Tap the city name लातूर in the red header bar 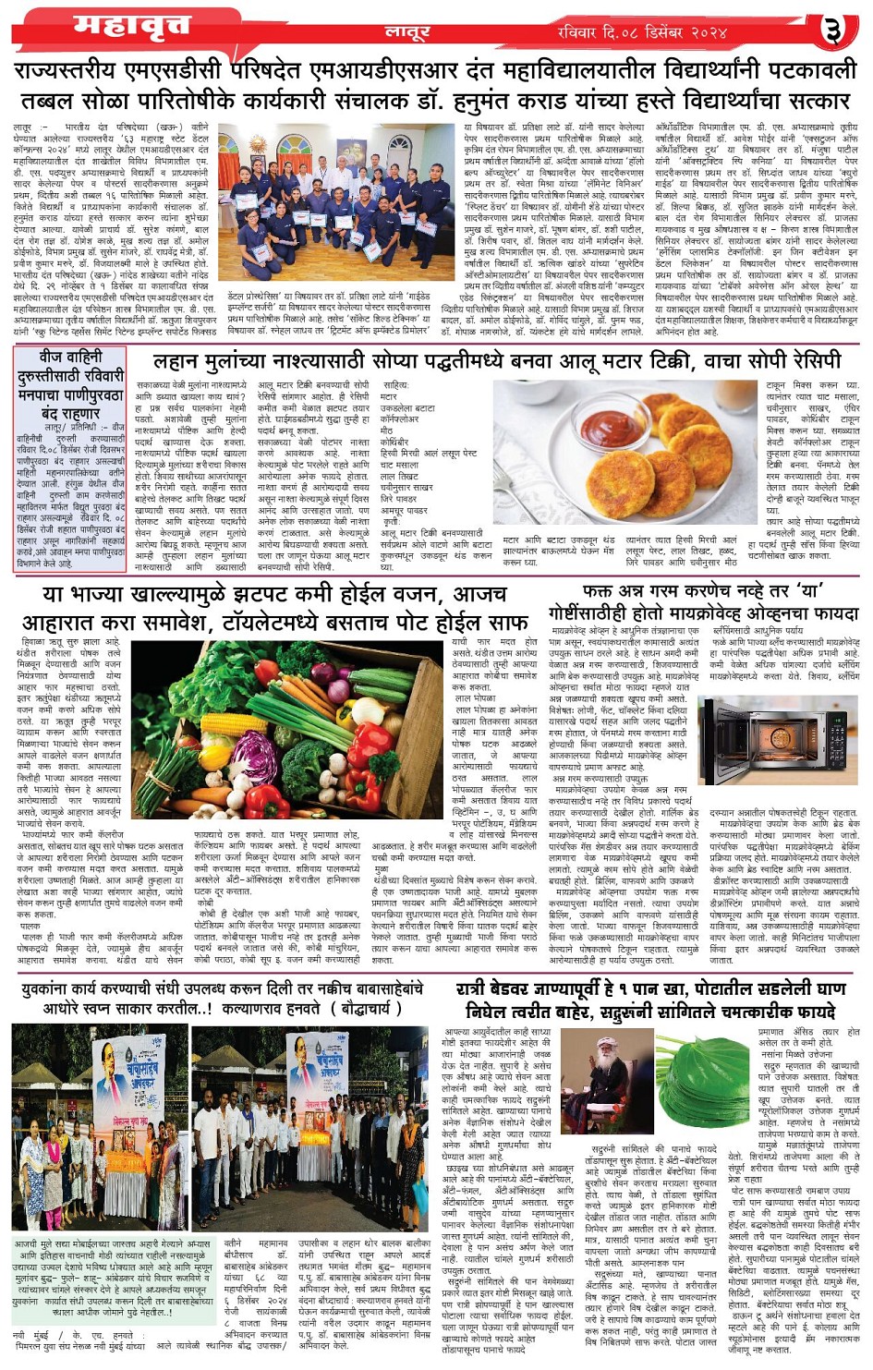[x=407, y=32]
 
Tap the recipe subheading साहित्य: [x=395, y=384]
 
